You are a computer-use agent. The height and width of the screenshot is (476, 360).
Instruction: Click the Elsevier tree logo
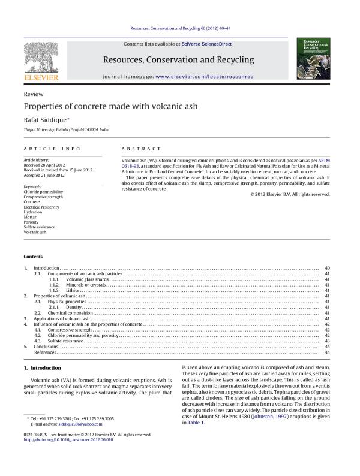click(41, 59)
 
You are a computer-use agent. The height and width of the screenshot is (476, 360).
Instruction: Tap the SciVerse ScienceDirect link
click(206, 44)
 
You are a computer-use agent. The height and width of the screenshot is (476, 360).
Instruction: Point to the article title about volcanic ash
click(110, 107)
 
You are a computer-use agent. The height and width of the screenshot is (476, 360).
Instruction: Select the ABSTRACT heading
click(141, 149)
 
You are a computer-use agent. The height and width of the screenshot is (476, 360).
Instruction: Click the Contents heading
click(34, 256)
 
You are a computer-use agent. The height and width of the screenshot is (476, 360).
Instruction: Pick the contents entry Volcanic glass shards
click(88, 279)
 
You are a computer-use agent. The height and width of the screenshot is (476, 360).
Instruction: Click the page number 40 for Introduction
click(327, 268)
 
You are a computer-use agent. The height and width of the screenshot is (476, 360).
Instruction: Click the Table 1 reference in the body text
click(196, 423)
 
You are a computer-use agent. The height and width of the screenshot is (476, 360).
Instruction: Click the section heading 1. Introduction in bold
click(42, 367)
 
